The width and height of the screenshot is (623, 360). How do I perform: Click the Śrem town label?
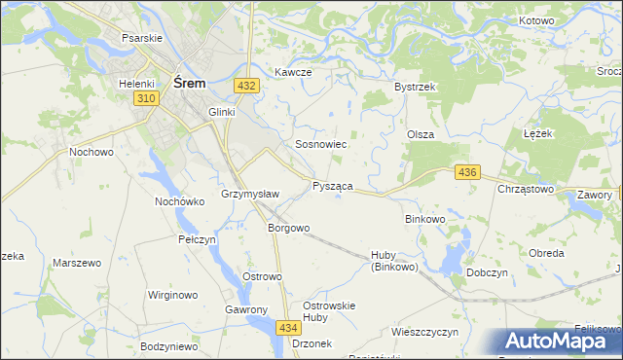(x=189, y=84)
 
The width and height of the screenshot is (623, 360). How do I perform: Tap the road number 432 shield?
(x=246, y=87)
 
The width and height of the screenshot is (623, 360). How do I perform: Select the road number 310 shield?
(x=147, y=99)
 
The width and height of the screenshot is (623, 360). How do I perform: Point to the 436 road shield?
(x=467, y=172)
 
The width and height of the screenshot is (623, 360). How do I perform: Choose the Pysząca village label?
(x=332, y=185)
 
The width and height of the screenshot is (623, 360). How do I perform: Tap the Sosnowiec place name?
(x=321, y=144)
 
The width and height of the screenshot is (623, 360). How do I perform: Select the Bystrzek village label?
(x=414, y=87)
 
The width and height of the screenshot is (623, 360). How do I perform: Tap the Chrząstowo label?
(x=526, y=189)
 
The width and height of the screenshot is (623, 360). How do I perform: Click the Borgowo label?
(x=288, y=229)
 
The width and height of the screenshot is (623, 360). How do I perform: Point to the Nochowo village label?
(x=92, y=153)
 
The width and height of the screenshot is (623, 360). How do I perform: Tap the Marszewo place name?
(x=77, y=264)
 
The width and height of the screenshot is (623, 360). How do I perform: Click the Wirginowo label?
(x=172, y=294)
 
